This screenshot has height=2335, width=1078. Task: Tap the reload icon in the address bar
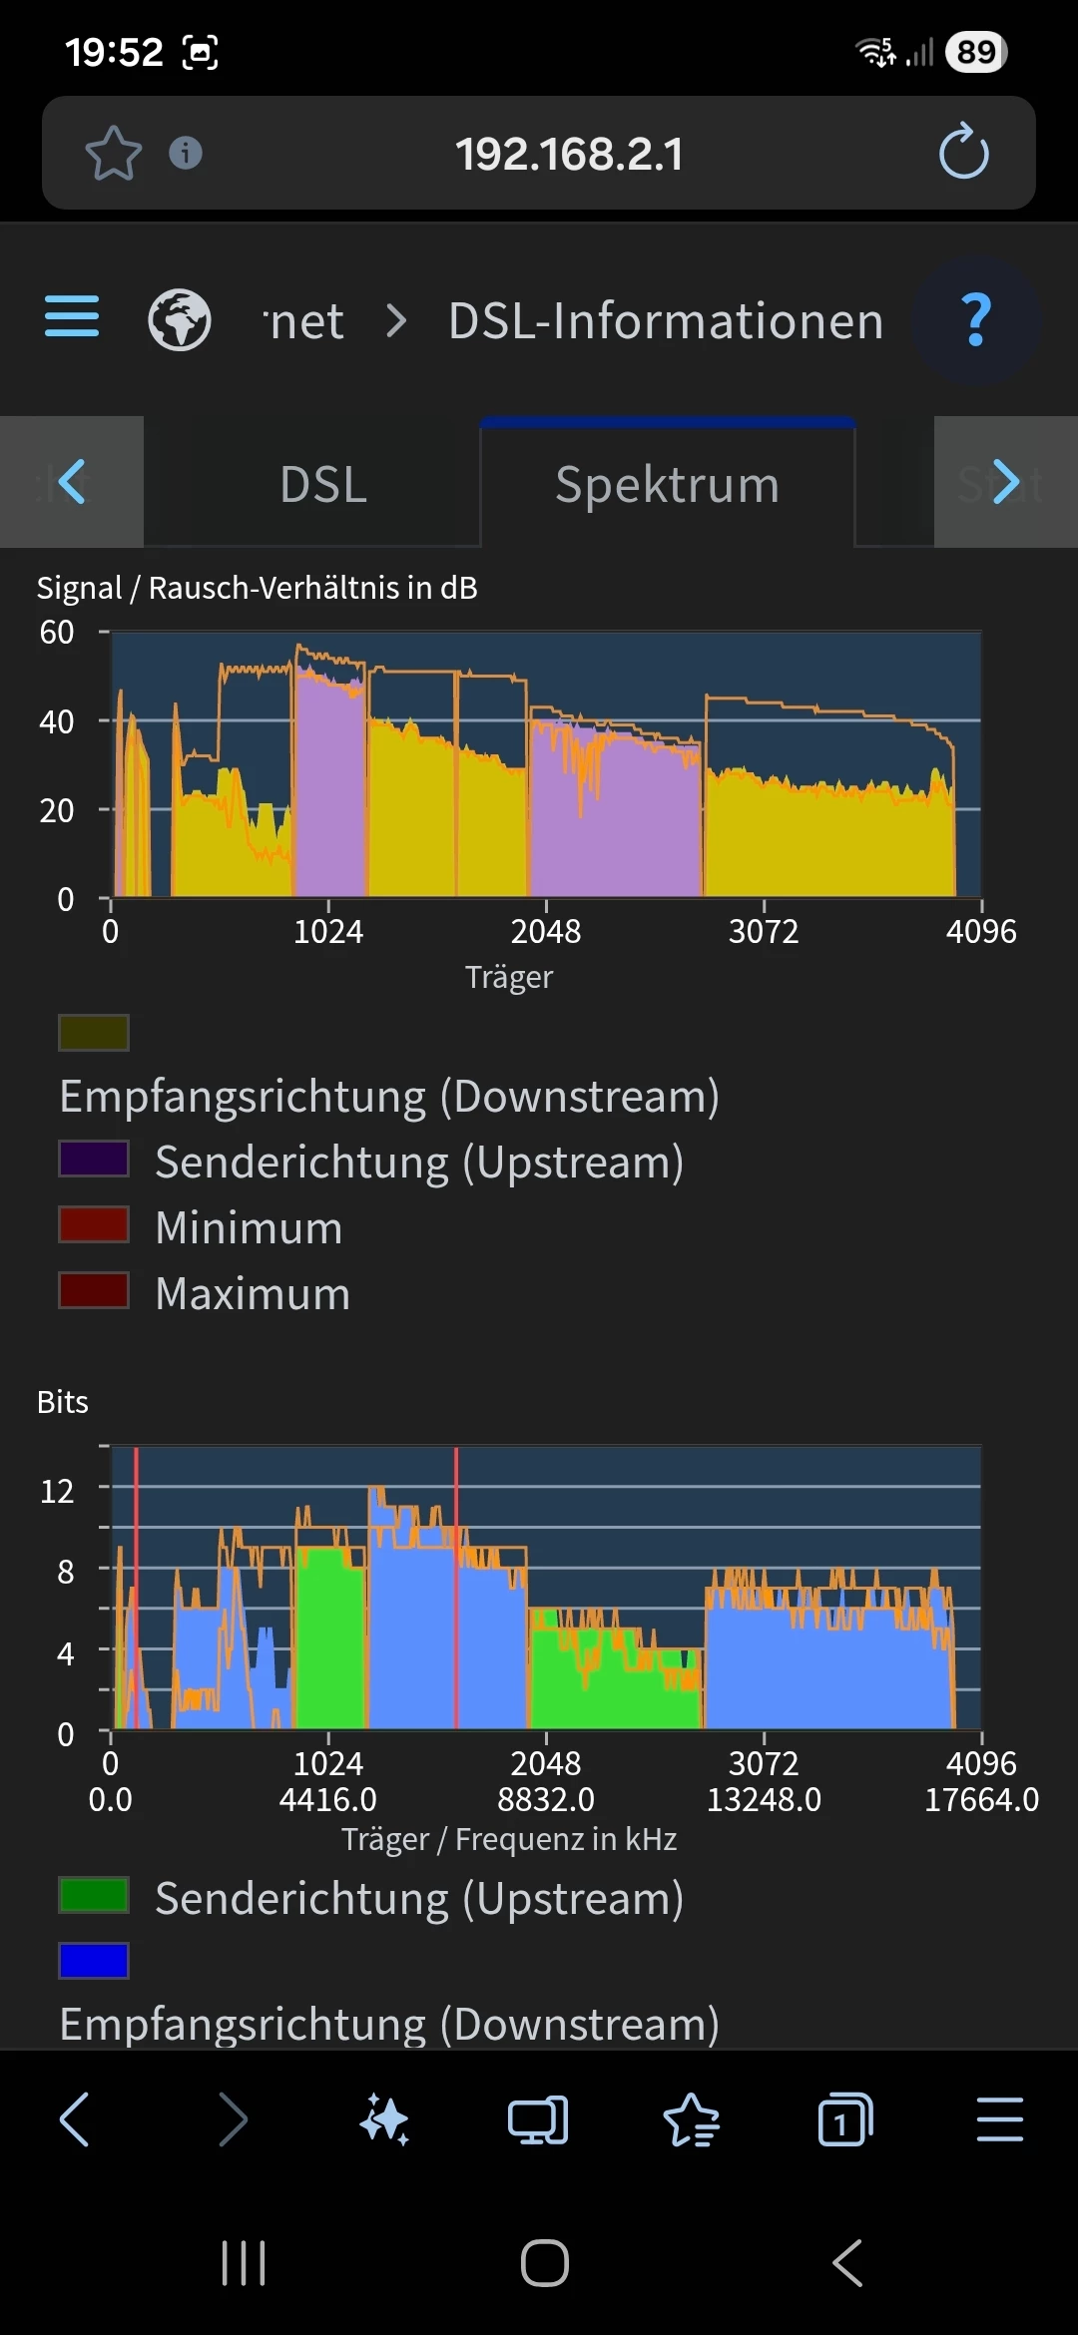pyautogui.click(x=963, y=153)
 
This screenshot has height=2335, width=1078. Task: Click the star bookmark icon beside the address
pyautogui.click(x=113, y=154)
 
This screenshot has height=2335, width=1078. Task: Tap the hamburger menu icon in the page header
pyautogui.click(x=72, y=317)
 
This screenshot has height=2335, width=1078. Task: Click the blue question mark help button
pyautogui.click(x=976, y=320)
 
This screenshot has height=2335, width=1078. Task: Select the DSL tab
pyautogui.click(x=323, y=484)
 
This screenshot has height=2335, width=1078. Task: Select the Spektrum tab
pyautogui.click(x=667, y=484)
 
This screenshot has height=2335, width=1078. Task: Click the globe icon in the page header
pyautogui.click(x=180, y=320)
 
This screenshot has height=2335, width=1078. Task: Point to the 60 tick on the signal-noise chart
pyautogui.click(x=57, y=632)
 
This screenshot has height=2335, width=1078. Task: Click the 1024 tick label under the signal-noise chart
pyautogui.click(x=328, y=932)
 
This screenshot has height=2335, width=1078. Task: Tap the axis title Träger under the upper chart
pyautogui.click(x=508, y=977)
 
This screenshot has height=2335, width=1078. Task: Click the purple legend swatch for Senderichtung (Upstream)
pyautogui.click(x=94, y=1160)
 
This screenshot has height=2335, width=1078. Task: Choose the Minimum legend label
pyautogui.click(x=249, y=1227)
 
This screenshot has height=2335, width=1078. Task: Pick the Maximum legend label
pyautogui.click(x=253, y=1294)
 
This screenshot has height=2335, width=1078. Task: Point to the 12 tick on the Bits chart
pyautogui.click(x=57, y=1491)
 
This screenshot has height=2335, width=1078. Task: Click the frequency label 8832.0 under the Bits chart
pyautogui.click(x=546, y=1799)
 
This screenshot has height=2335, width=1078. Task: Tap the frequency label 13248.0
pyautogui.click(x=764, y=1799)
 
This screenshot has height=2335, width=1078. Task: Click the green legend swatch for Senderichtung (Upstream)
pyautogui.click(x=94, y=1895)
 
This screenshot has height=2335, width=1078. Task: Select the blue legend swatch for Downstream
pyautogui.click(x=94, y=1961)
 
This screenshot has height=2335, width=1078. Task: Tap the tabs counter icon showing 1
pyautogui.click(x=844, y=2119)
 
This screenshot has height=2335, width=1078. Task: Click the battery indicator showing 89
pyautogui.click(x=975, y=52)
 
